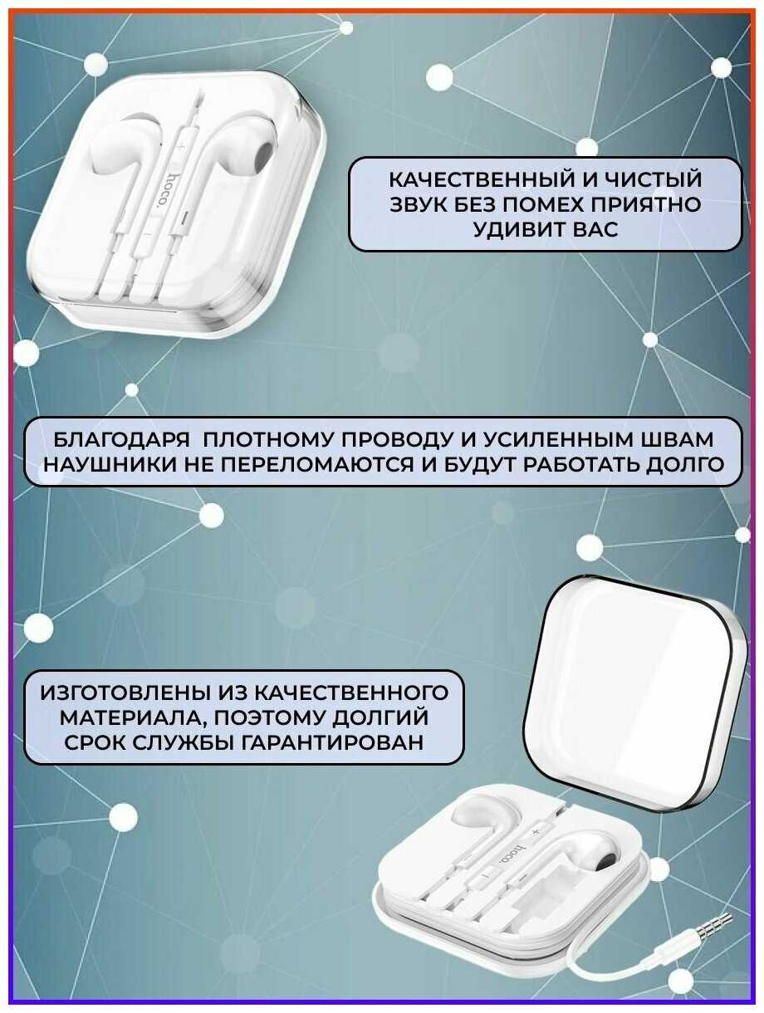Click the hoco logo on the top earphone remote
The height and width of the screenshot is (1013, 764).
[167, 189]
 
